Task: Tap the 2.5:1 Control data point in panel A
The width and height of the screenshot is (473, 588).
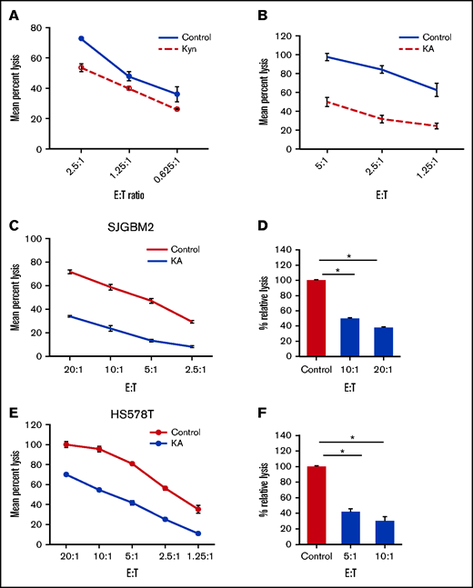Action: click(81, 38)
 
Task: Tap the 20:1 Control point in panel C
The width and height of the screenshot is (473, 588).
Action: click(70, 272)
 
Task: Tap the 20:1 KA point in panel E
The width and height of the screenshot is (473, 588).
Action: click(65, 474)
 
